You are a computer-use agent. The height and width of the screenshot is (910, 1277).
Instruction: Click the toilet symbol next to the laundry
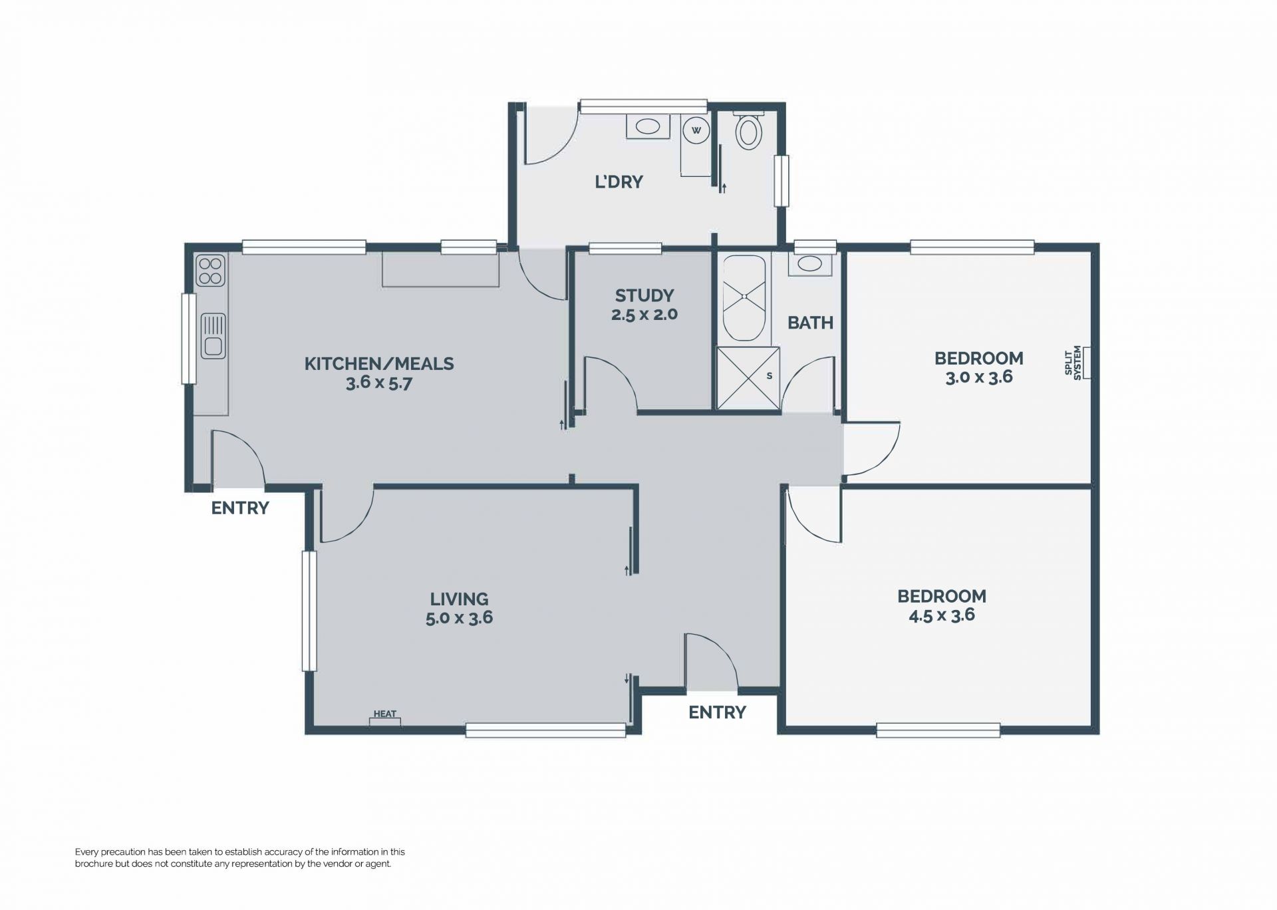coord(749,130)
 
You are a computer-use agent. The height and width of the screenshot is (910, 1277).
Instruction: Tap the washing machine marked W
coord(696,130)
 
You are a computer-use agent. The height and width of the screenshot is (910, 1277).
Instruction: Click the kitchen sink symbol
coord(213,335)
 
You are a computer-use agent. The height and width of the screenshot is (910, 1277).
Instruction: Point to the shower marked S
coord(748,378)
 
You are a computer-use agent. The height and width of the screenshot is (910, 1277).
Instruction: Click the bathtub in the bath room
coord(744,299)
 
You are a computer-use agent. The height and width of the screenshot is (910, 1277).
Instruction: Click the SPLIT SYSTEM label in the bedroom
coord(1072,362)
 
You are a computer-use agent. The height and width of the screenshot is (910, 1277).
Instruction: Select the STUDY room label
coord(644,295)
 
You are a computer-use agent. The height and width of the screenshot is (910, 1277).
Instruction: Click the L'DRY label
coord(619,182)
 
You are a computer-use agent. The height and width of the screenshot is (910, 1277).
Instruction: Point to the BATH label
coord(810,323)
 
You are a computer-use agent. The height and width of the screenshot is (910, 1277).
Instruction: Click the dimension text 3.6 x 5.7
coord(379,383)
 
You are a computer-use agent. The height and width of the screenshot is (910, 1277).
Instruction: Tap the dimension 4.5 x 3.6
coord(942,615)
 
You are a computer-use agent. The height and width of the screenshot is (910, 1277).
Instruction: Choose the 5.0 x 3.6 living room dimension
coord(459,618)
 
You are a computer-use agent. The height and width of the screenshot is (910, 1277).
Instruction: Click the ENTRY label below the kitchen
coord(240,508)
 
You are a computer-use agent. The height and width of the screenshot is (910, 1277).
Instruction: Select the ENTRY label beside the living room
coord(717,712)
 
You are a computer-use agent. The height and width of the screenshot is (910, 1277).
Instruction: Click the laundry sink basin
coord(646,126)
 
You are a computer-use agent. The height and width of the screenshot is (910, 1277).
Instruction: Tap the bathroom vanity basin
coord(809,263)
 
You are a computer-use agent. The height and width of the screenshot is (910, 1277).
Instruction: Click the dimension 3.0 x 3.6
coord(979,378)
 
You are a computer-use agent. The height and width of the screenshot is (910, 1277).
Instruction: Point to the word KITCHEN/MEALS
coord(379,364)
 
